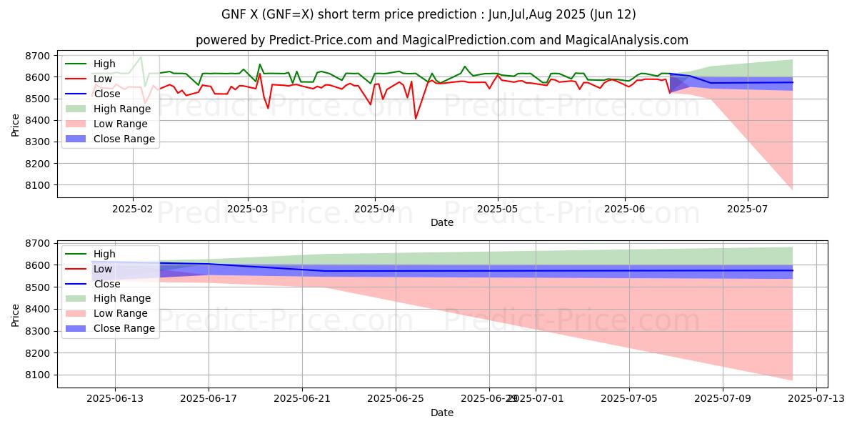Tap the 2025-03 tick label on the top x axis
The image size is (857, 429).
pos(248,209)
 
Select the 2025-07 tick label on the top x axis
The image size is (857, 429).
pos(748,209)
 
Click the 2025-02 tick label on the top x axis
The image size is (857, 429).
pos(133,209)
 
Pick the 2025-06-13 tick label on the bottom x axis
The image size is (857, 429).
pos(115,397)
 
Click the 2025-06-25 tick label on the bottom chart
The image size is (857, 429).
pos(395,397)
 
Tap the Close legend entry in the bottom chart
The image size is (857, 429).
pos(108,283)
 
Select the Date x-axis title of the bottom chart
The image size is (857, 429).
pos(442,413)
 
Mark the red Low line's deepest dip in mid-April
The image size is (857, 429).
pos(416,119)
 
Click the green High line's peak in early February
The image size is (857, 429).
pos(141,56)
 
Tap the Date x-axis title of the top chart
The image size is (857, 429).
pos(442,223)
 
